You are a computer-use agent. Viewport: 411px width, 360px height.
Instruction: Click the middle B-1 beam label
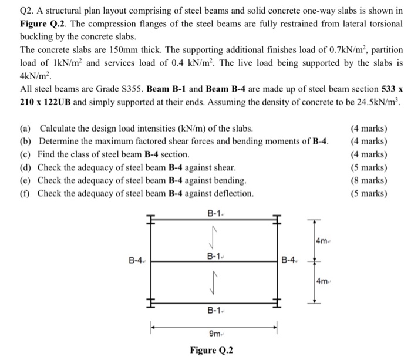(213, 256)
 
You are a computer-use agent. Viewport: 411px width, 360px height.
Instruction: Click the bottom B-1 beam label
(213, 311)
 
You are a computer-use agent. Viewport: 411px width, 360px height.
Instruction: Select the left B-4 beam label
(136, 259)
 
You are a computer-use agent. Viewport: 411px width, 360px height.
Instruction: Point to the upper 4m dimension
(322, 241)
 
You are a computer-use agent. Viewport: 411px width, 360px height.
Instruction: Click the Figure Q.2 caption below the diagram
(211, 351)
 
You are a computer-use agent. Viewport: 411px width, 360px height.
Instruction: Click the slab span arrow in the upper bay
(213, 238)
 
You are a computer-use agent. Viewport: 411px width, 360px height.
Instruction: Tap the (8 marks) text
(368, 180)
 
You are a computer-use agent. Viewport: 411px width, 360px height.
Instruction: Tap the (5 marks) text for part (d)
(368, 167)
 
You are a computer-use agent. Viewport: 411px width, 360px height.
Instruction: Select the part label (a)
(27, 129)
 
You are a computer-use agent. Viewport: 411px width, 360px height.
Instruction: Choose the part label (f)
(26, 193)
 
